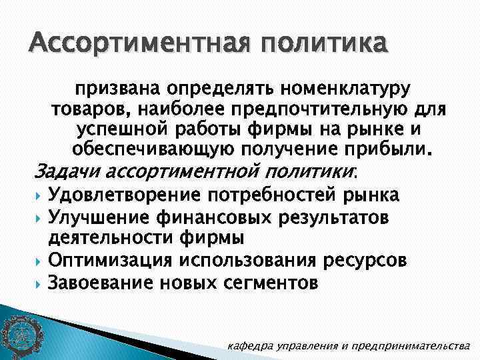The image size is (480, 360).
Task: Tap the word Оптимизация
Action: point(111,260)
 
